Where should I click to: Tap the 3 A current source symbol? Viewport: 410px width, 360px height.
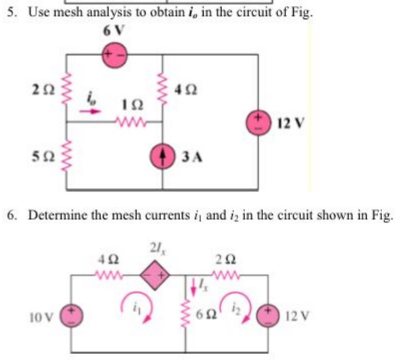pos(163,156)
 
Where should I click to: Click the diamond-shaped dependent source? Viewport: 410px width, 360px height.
pos(156,275)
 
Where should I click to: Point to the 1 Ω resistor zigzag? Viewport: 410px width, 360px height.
pos(129,125)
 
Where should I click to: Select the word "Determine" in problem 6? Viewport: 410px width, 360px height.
pos(54,215)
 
